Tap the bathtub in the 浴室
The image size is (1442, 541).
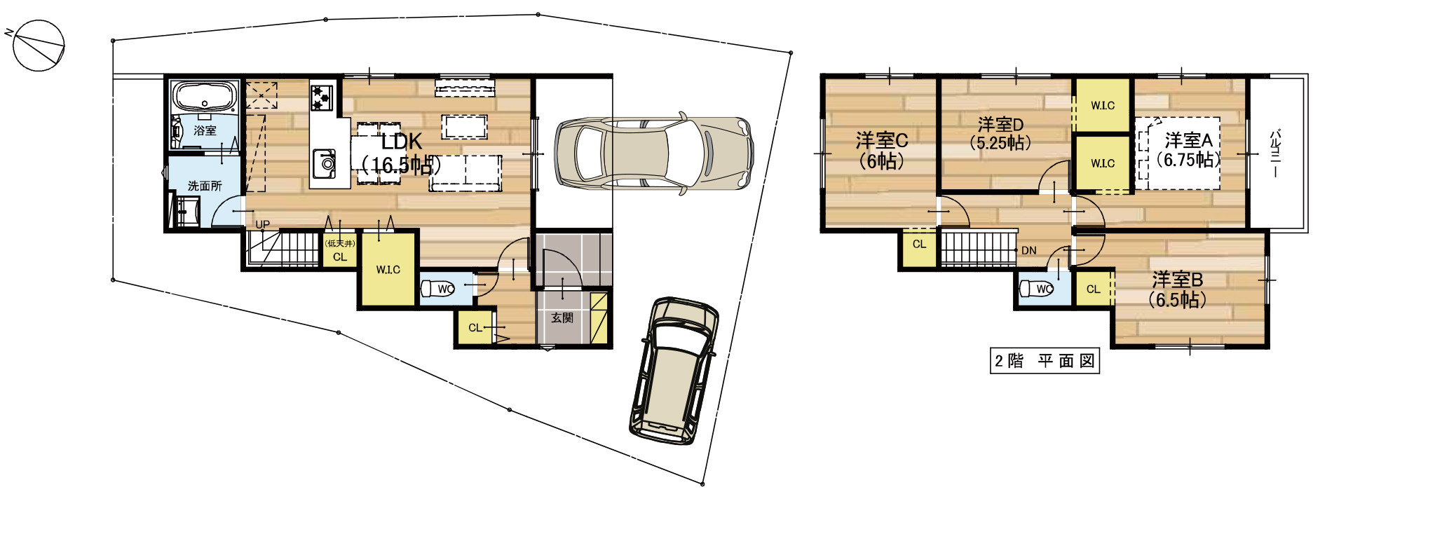(x=205, y=96)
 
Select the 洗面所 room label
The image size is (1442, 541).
(x=205, y=186)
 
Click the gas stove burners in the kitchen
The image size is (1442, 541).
(x=322, y=96)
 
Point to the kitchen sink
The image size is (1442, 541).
(x=324, y=163)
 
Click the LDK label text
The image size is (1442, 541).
(x=402, y=142)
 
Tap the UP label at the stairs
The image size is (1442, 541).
(x=262, y=225)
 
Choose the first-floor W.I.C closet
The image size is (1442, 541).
(x=388, y=269)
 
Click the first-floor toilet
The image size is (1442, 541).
(x=438, y=288)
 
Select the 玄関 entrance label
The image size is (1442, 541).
(x=562, y=317)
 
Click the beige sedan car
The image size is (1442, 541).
(x=654, y=153)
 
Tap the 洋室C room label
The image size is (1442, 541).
(x=882, y=140)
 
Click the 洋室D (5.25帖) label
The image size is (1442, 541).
(x=1000, y=133)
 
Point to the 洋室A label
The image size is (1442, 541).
(x=1189, y=140)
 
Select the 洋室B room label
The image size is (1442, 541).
(x=1178, y=280)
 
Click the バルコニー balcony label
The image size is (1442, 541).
(x=1276, y=152)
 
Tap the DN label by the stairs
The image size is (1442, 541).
(x=1028, y=250)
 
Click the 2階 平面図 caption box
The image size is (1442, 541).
(x=1045, y=361)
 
